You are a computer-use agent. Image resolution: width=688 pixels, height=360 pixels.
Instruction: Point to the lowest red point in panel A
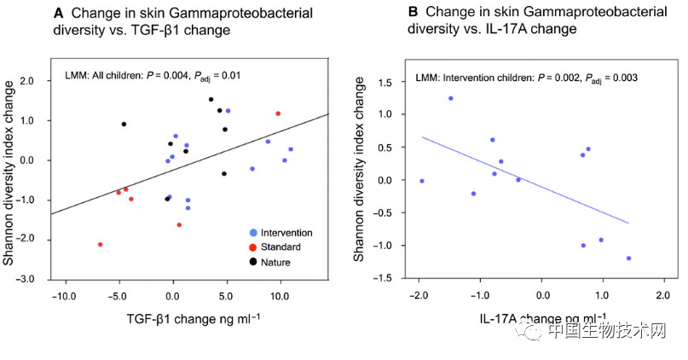point(101,244)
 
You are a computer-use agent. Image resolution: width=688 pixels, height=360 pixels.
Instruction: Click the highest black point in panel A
point(211,99)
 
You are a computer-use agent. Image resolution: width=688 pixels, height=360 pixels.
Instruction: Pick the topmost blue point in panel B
point(451,98)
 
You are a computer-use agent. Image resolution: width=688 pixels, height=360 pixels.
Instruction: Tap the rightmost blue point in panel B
point(629,258)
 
